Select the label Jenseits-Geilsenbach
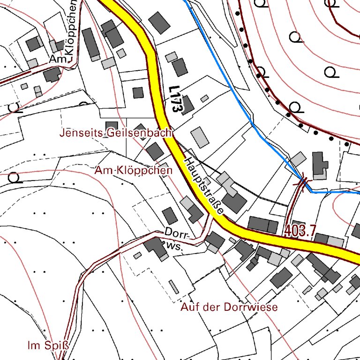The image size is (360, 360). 115,133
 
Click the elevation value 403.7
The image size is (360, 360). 300,230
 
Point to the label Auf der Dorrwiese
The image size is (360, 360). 229,307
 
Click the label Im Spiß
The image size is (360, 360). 48,346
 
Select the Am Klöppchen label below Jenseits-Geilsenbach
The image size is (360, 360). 133,171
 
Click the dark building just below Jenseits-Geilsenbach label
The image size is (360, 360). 155,151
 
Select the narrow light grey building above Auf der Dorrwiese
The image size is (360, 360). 174,286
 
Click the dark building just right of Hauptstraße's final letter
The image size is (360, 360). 234,203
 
